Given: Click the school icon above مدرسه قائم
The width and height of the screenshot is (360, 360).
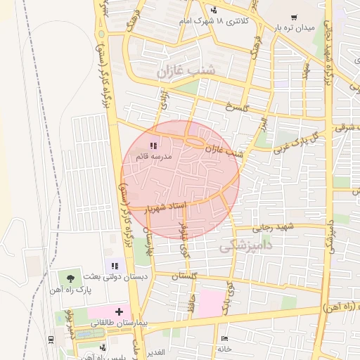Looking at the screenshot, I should tap(153, 146).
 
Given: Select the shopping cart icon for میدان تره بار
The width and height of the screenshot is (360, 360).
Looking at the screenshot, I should tap(293, 18).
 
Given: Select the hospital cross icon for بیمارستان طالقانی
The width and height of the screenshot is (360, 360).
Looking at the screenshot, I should tap(119, 311).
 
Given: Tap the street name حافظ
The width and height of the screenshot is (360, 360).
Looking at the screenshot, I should tap(191, 304).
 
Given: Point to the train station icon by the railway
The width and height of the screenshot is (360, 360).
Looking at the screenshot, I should tap(52, 340).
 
